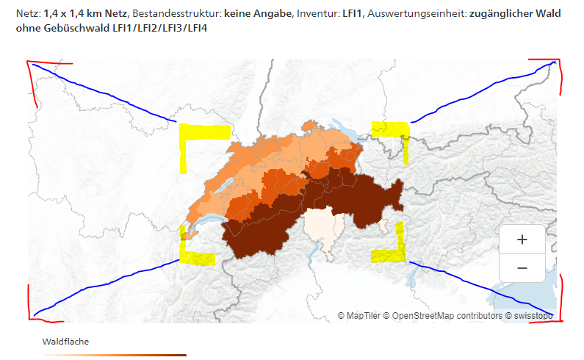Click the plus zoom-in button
pyautogui.click(x=522, y=240)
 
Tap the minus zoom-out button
pyautogui.click(x=522, y=268)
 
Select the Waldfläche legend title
pyautogui.click(x=65, y=342)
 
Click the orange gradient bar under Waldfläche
pyautogui.click(x=114, y=355)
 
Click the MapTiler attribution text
pyautogui.click(x=359, y=316)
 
